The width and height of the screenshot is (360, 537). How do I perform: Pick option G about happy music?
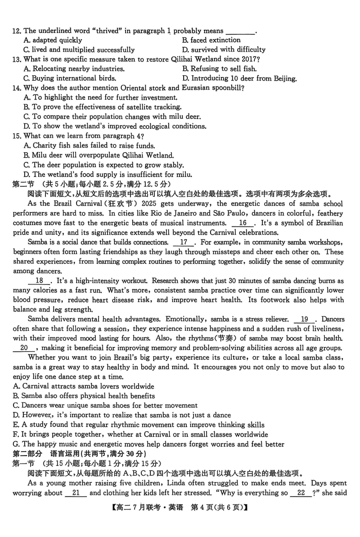coord(148,444)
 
